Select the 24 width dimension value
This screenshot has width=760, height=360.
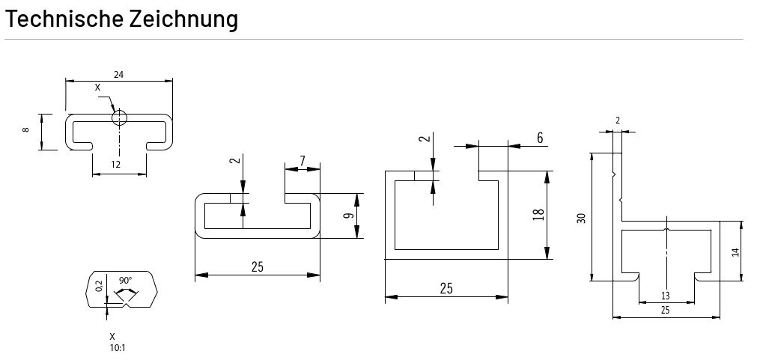pyautogui.click(x=118, y=74)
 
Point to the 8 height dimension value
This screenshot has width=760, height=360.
pyautogui.click(x=26, y=130)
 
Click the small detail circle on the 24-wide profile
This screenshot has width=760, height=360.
pyautogui.click(x=119, y=118)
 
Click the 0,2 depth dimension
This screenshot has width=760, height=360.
pyautogui.click(x=100, y=287)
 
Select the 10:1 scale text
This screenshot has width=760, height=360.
pyautogui.click(x=116, y=347)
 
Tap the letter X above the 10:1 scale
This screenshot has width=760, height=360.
pyautogui.click(x=112, y=337)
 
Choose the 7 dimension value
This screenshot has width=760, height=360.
pyautogui.click(x=302, y=161)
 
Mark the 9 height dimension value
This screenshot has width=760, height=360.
pyautogui.click(x=347, y=216)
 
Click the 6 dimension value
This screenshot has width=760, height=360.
pyautogui.click(x=539, y=138)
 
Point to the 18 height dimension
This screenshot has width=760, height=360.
pyautogui.click(x=537, y=216)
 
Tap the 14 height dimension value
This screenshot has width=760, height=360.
pyautogui.click(x=734, y=252)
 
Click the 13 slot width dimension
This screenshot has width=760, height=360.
pyautogui.click(x=666, y=294)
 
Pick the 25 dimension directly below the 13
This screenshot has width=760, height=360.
pyautogui.click(x=666, y=310)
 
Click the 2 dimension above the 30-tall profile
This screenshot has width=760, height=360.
pyautogui.click(x=618, y=120)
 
